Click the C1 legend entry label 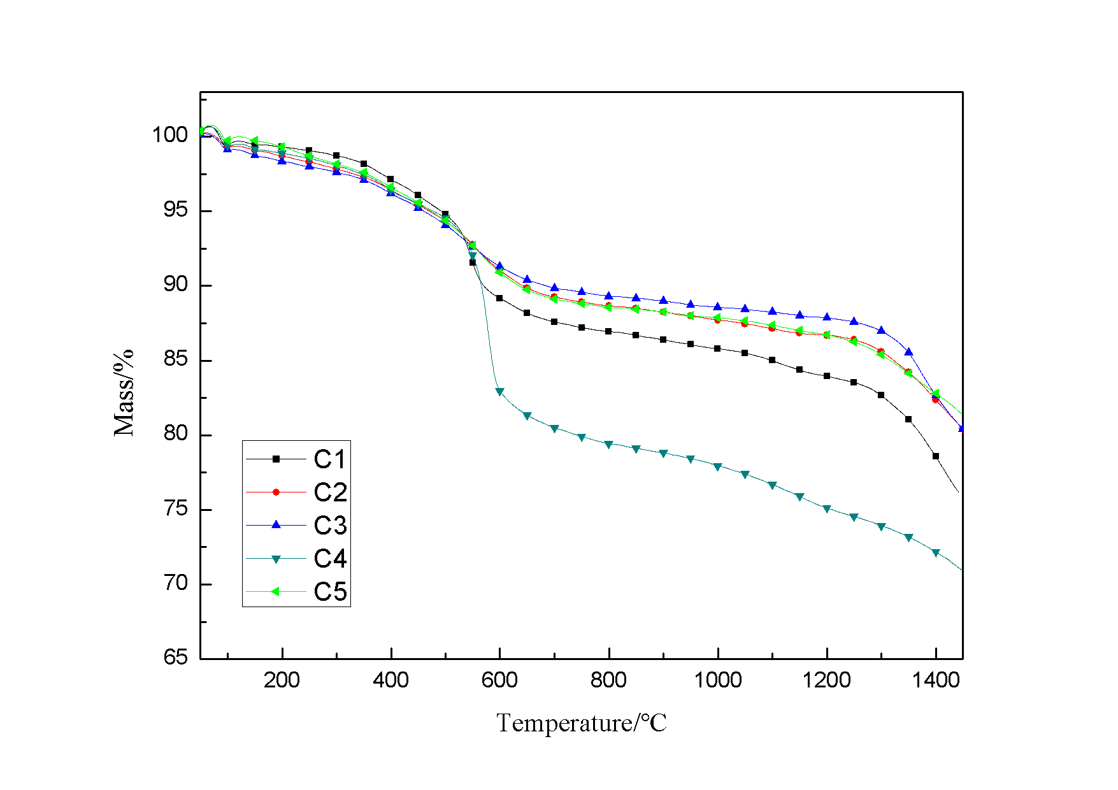(x=330, y=459)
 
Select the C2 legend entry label (x=330, y=492)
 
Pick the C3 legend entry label (x=330, y=526)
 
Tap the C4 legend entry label (x=330, y=559)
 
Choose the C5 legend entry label (x=330, y=592)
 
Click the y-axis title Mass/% (x=124, y=392)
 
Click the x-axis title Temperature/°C (x=581, y=723)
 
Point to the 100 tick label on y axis (x=169, y=135)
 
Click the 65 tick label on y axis (x=176, y=657)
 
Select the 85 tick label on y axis (x=176, y=359)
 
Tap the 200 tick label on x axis (x=282, y=680)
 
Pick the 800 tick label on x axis (x=608, y=680)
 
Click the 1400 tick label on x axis (x=935, y=680)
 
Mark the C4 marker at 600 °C (x=499, y=392)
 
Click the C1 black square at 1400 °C (x=936, y=456)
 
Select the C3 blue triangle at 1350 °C (x=908, y=352)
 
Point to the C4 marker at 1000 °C (x=718, y=467)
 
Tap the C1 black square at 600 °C (x=499, y=298)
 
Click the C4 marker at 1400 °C (x=936, y=553)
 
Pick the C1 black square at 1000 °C (x=717, y=348)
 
